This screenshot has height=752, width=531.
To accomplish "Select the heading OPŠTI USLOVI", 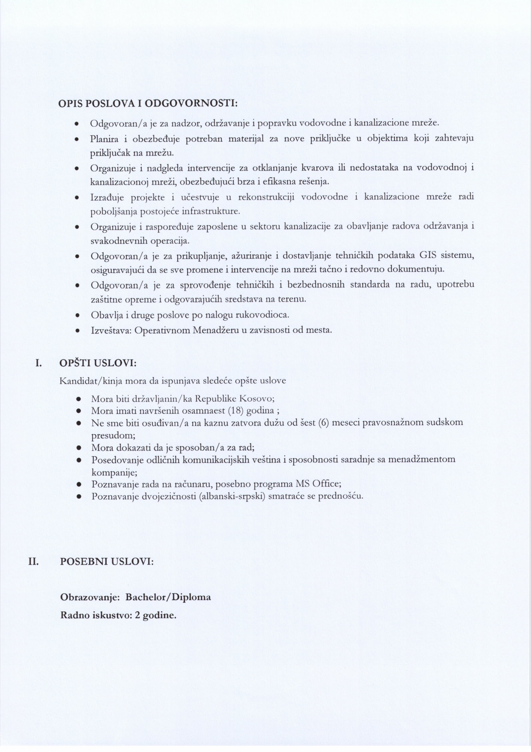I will tap(98, 363).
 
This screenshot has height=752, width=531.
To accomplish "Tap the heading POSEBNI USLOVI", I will tap(107, 561).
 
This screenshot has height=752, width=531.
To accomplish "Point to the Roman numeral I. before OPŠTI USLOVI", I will tap(38, 363).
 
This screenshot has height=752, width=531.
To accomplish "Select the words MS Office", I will tap(319, 484).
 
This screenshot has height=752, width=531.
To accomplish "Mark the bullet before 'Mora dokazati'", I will tap(79, 448).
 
